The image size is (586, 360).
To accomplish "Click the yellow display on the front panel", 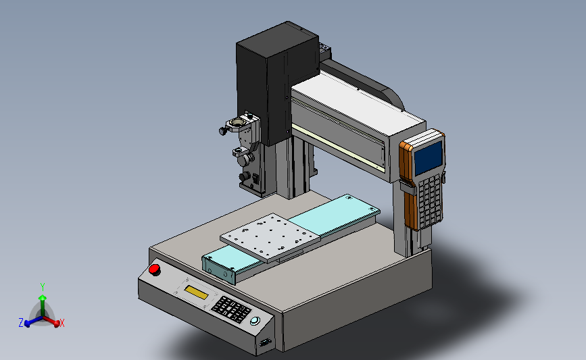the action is [196, 292].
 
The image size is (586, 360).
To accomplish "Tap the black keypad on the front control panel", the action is [231, 309].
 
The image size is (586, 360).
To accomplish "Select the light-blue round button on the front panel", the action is [255, 321].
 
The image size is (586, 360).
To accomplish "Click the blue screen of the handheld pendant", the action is [429, 158].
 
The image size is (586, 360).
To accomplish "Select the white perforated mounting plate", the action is [270, 237].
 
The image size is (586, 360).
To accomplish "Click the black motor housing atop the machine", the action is [277, 83].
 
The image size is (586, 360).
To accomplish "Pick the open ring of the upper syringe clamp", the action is [237, 123].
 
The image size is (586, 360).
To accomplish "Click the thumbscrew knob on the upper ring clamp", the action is [224, 131].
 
